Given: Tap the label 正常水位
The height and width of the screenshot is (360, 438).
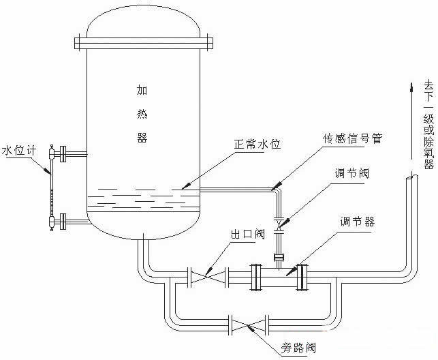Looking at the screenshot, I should click(257, 145).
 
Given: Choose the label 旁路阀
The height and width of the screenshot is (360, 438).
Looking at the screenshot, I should click(299, 348).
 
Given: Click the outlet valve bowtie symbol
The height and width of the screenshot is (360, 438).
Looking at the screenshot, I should click(208, 276).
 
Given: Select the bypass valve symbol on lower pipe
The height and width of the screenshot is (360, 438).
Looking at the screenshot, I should click(250, 322).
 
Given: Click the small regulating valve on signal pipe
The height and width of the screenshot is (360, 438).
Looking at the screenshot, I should click(278, 222).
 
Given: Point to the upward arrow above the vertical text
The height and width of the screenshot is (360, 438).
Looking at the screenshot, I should click(411, 88).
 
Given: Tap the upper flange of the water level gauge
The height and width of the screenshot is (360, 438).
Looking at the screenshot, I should click(64, 154).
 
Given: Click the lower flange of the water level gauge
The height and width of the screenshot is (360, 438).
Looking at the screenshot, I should click(64, 220).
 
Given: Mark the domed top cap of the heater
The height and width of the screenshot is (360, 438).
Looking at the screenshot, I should click(143, 24).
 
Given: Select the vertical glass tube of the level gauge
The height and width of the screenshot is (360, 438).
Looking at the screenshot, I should click(52, 187).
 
